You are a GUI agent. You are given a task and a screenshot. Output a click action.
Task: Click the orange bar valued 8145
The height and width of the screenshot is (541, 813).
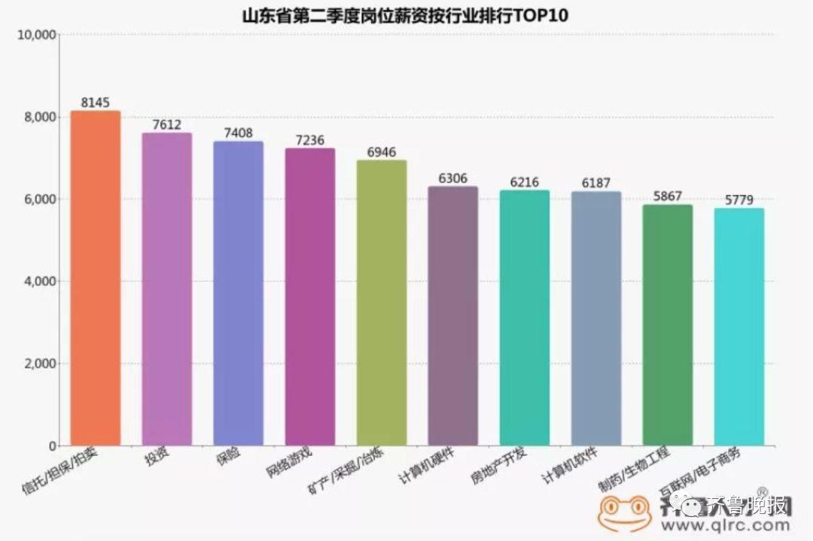96,278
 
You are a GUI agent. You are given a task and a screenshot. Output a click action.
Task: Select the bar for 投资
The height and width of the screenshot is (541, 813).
167,289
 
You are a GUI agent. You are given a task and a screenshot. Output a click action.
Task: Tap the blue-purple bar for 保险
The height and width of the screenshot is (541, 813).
239,293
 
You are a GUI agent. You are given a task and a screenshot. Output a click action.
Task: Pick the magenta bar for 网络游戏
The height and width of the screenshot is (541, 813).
310,297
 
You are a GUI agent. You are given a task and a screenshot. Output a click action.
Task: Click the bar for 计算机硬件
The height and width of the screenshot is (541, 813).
453,316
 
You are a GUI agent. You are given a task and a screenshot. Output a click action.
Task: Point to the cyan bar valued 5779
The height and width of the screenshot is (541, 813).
739,327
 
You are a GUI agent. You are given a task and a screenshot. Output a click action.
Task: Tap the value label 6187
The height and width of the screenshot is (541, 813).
596,183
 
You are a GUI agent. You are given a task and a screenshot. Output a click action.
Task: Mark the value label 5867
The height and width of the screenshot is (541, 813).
667,197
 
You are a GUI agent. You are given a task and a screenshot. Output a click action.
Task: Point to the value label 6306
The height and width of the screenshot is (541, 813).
453,179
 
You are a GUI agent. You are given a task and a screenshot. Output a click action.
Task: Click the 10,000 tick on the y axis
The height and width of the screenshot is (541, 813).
37,35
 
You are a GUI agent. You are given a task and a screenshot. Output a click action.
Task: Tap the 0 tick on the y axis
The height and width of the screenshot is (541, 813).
52,446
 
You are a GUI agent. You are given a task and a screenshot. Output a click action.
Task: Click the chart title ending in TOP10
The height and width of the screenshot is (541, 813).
407,15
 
